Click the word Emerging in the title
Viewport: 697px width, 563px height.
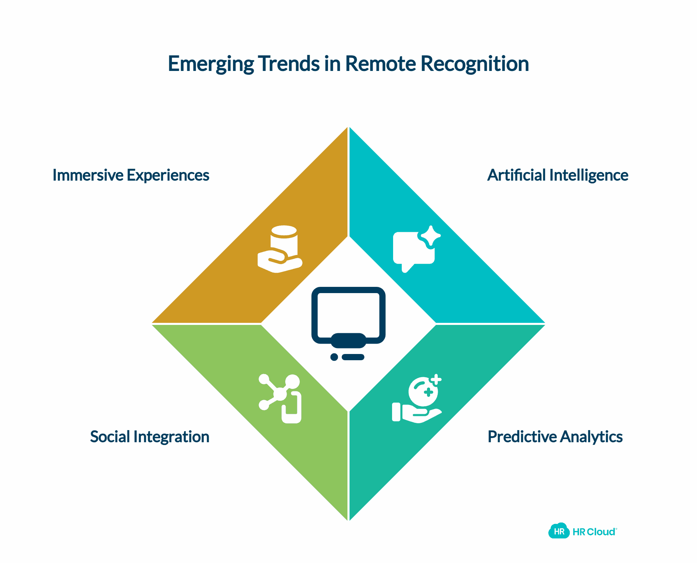click(211, 64)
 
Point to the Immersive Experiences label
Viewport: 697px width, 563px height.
click(131, 175)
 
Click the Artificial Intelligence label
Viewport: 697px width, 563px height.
click(557, 175)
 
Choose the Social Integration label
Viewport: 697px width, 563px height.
click(149, 437)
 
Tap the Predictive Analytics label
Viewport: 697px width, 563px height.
click(555, 437)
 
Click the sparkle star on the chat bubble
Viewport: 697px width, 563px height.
click(431, 236)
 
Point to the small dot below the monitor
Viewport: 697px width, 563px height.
click(334, 357)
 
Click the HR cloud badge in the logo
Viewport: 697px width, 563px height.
click(559, 532)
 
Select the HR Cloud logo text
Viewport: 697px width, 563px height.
click(594, 532)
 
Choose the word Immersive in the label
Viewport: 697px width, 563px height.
click(88, 175)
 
